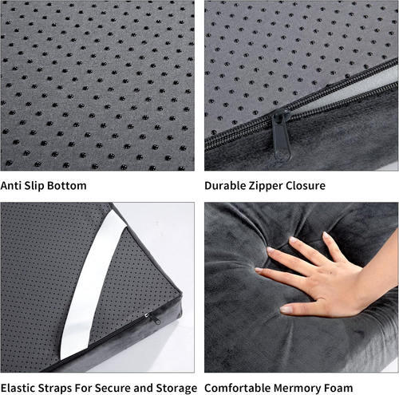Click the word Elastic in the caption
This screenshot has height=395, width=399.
(x=18, y=388)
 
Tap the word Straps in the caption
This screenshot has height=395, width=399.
(x=56, y=388)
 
